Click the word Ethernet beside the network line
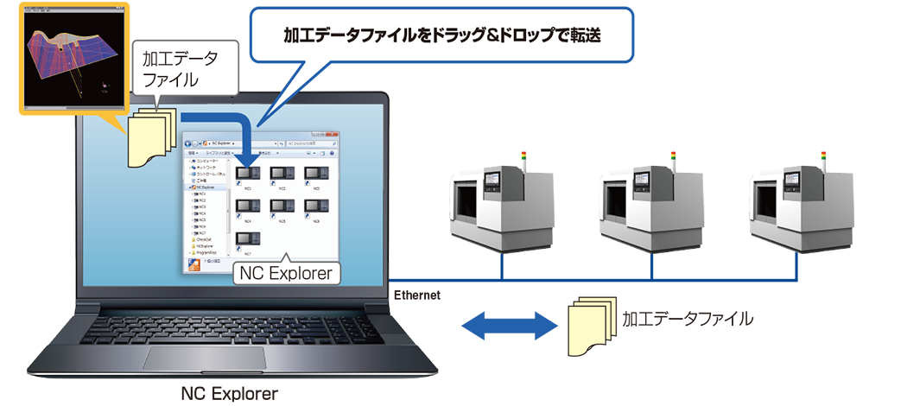tap(417, 295)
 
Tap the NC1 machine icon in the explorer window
tap(248, 174)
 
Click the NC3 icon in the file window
tap(315, 174)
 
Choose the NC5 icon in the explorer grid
tap(282, 207)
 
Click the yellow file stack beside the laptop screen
tap(154, 136)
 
